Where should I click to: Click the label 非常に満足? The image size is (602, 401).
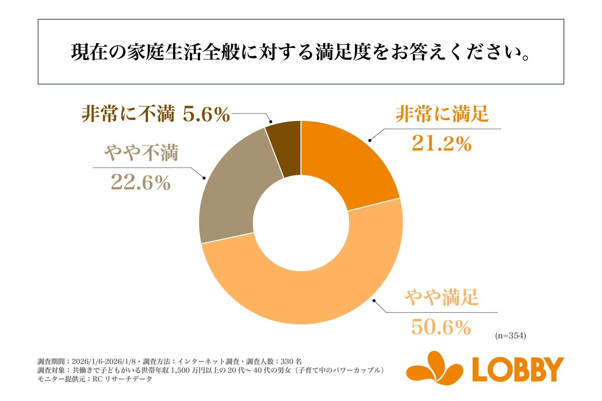[442, 114]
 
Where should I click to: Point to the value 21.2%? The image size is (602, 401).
[441, 144]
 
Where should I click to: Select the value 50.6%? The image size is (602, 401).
[441, 327]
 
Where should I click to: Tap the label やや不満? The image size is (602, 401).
[141, 153]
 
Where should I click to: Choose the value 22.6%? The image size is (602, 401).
[140, 182]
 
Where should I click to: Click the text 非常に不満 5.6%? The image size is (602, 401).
[156, 114]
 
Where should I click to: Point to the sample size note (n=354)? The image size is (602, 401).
[510, 336]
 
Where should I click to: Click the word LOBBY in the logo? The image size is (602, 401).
[518, 370]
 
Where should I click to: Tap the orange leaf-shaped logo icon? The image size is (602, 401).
[435, 368]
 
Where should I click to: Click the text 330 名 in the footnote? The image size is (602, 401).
[291, 362]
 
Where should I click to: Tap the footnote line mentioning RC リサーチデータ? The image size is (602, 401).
[95, 379]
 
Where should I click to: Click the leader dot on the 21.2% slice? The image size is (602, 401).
[370, 140]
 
